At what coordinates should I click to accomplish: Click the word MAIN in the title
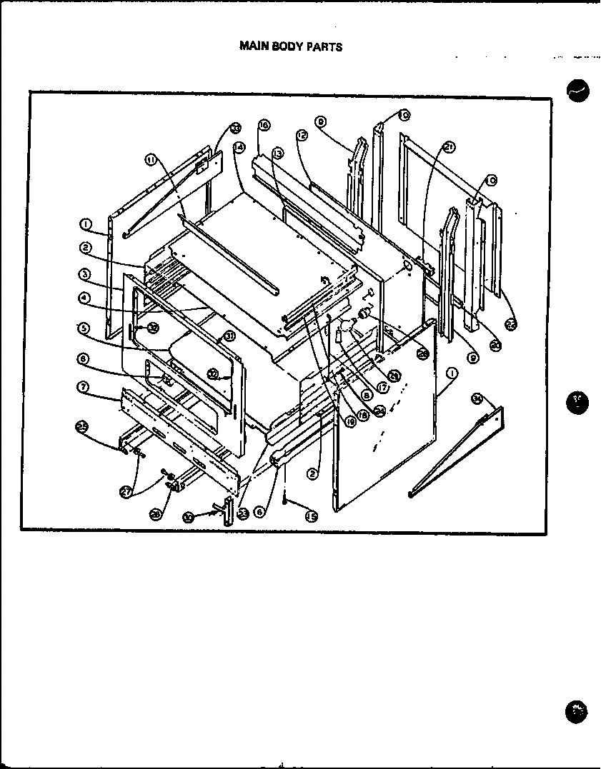tap(252, 46)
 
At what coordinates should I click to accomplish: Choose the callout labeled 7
tap(84, 386)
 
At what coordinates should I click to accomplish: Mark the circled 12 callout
tap(302, 134)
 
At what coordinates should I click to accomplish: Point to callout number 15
tap(311, 516)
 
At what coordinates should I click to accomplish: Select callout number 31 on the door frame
tap(229, 336)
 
